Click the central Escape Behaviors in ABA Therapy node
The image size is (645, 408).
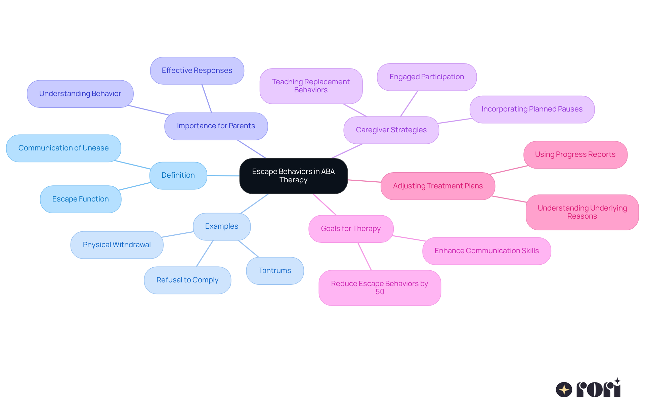[x=293, y=176]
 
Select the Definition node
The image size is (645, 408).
[x=178, y=175]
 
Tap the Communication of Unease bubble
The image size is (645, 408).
[x=63, y=148]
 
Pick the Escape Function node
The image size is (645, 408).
[x=81, y=199]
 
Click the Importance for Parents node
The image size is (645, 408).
[x=216, y=126]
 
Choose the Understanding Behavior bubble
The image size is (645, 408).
[x=80, y=94]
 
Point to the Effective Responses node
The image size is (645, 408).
[x=197, y=71]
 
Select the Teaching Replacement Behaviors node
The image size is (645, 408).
[x=311, y=86]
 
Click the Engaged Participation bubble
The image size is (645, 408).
[x=427, y=77]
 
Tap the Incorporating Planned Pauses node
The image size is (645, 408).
[x=532, y=109]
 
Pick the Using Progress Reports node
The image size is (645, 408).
[x=575, y=154]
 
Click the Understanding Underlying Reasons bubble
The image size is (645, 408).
[x=582, y=212]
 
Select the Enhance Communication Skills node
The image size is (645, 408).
[x=486, y=251]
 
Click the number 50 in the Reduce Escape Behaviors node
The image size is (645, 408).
[x=380, y=292]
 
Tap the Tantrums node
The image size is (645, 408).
[x=275, y=271]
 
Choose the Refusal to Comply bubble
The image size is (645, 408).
[x=187, y=280]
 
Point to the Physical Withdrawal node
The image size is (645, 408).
[x=117, y=245]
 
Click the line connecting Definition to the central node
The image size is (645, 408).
[x=223, y=176]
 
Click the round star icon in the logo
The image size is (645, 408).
[x=564, y=390]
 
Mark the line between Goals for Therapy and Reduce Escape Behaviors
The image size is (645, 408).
[x=364, y=256]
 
